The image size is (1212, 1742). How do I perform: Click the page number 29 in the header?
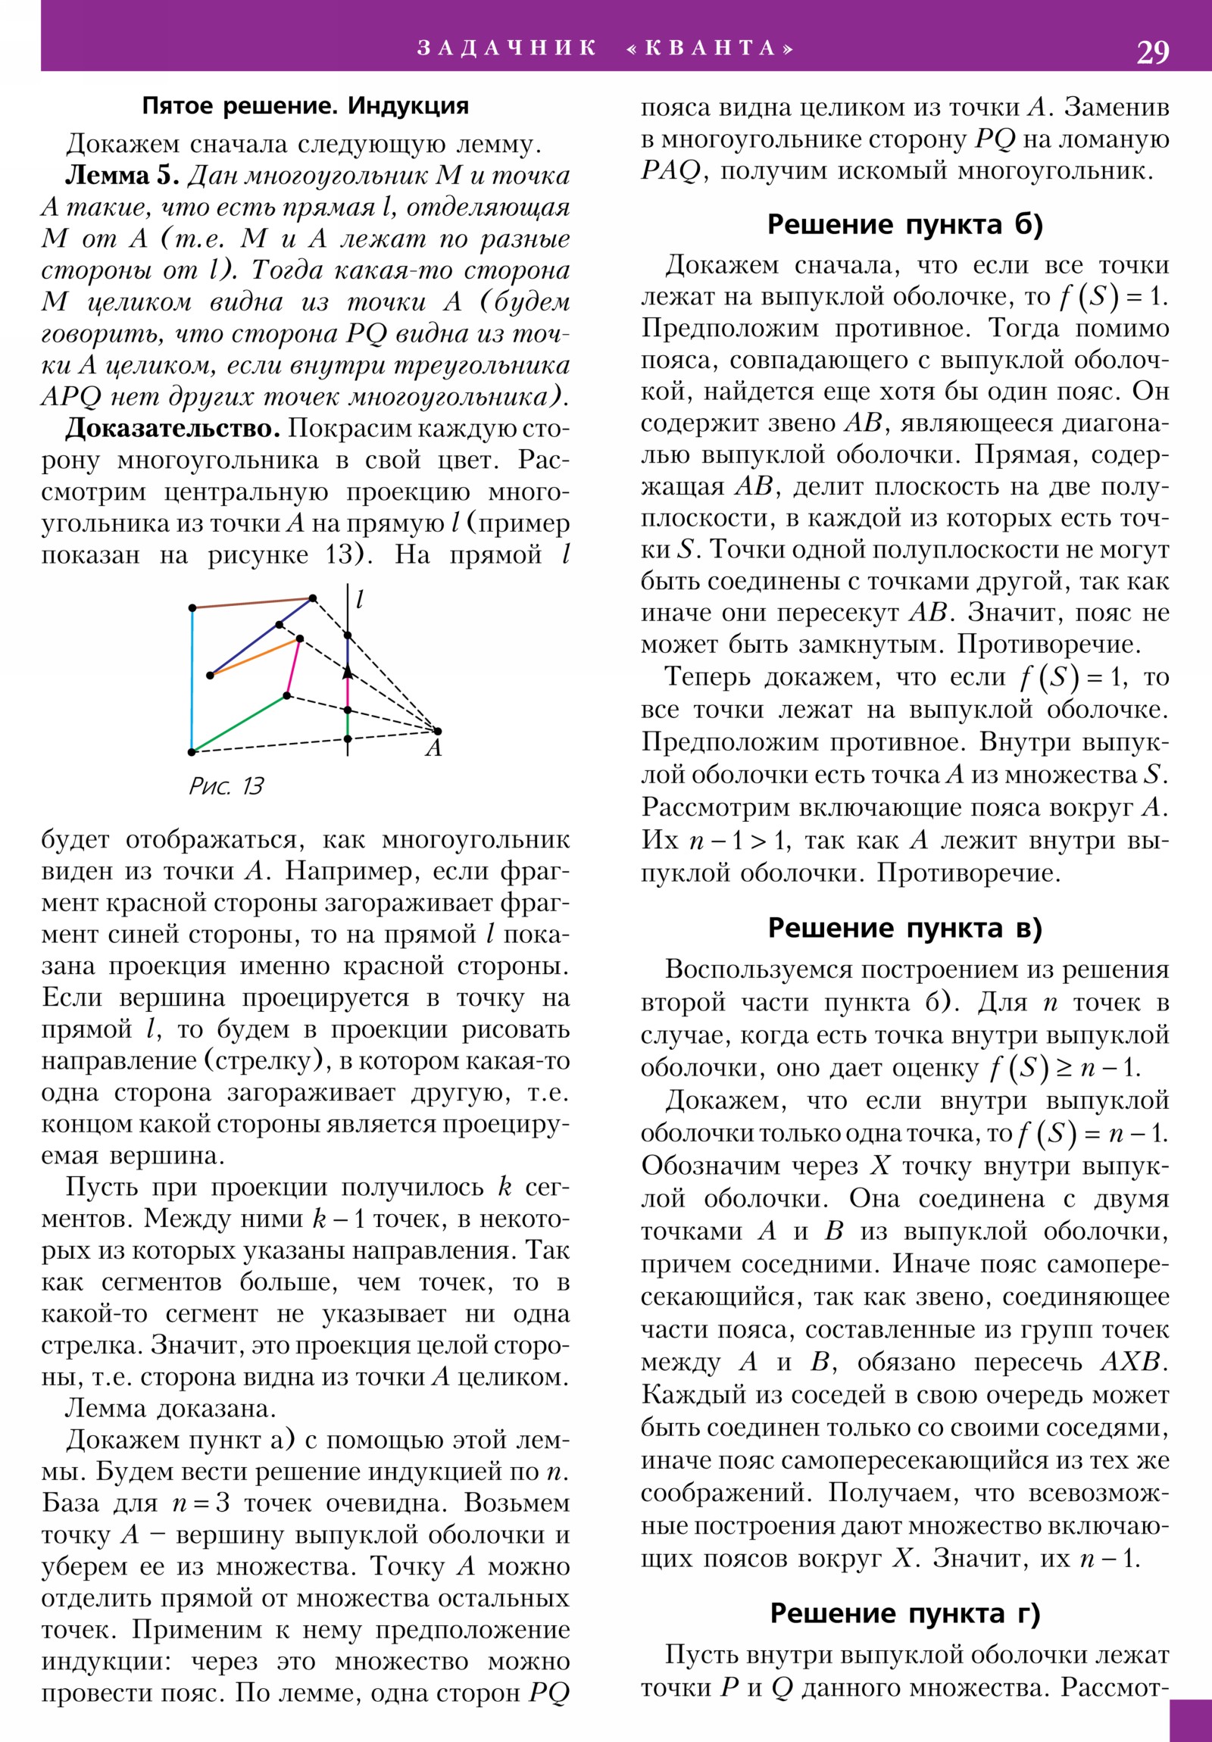tap(1152, 52)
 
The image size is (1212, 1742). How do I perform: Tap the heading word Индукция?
tap(408, 105)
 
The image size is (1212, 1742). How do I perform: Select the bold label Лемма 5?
tap(122, 175)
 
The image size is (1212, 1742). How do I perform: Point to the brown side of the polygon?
tap(252, 603)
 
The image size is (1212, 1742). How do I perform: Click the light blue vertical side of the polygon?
tap(192, 679)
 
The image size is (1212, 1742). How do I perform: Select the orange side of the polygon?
tap(255, 657)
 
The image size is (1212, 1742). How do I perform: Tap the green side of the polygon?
tap(239, 723)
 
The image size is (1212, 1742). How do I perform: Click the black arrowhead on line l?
tap(348, 672)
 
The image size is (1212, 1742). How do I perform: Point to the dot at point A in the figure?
tap(438, 731)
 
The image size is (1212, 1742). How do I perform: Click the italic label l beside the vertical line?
tap(360, 600)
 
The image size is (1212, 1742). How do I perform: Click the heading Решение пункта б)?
tap(904, 225)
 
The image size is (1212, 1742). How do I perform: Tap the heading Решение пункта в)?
tap(904, 927)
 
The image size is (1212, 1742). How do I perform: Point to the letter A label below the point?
tap(433, 749)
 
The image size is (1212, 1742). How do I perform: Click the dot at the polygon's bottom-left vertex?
tap(192, 752)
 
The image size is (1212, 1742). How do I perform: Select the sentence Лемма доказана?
tap(170, 1408)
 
